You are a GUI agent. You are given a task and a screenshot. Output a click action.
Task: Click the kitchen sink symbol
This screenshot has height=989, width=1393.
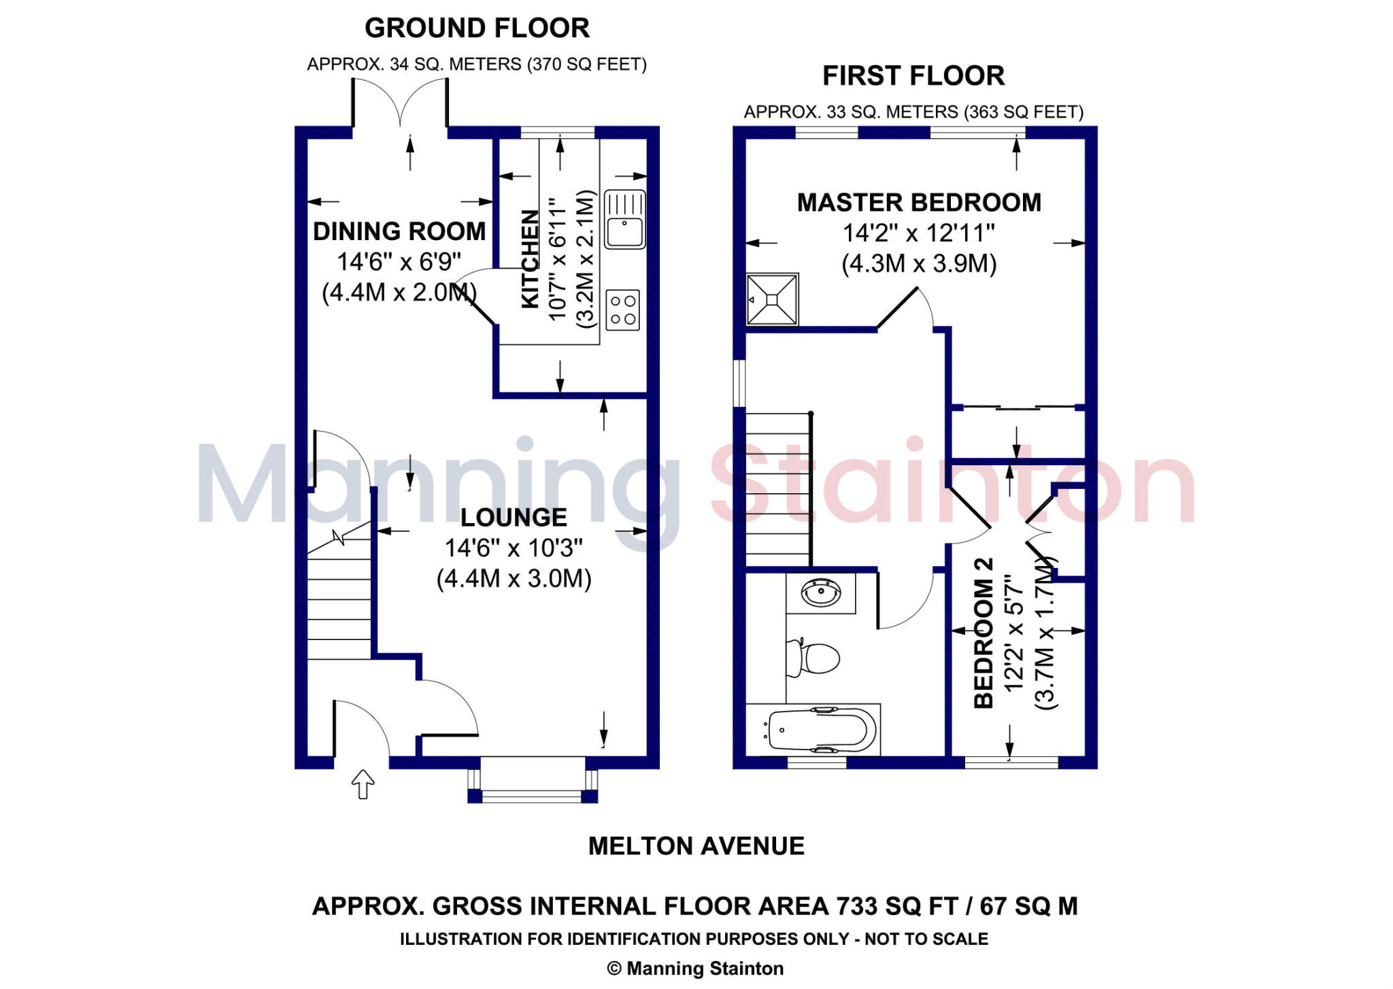624,219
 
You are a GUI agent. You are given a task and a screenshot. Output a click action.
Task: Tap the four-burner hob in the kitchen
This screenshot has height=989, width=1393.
622,310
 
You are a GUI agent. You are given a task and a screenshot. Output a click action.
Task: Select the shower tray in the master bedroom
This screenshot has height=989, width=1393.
772,299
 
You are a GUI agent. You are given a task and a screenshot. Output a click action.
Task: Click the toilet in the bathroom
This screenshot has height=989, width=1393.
815,658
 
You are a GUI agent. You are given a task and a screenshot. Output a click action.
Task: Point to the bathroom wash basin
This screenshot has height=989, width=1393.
821,593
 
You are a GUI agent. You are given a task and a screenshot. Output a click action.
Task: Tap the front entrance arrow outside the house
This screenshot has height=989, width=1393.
363,784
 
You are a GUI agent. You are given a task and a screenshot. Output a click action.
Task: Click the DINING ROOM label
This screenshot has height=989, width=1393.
399,231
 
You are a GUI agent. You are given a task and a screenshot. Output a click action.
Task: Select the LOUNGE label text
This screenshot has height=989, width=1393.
514,518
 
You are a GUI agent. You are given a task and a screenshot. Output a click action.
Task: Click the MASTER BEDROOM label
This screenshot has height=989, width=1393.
919,203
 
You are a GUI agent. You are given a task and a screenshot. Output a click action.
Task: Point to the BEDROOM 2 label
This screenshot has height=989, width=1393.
984,633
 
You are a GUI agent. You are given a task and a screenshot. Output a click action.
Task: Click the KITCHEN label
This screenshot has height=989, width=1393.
530,258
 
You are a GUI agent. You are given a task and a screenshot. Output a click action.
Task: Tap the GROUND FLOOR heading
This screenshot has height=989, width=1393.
477,28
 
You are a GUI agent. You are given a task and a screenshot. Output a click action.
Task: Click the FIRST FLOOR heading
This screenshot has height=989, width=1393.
913,76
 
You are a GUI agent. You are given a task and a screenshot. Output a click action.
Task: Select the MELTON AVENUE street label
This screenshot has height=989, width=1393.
696,846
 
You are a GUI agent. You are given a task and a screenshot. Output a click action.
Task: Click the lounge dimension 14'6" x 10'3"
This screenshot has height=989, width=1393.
514,548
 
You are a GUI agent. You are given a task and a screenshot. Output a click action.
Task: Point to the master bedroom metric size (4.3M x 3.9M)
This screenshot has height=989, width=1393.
919,263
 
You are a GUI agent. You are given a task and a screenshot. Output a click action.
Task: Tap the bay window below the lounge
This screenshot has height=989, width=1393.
533,782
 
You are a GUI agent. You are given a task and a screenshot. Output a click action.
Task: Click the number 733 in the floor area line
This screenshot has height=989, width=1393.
857,906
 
